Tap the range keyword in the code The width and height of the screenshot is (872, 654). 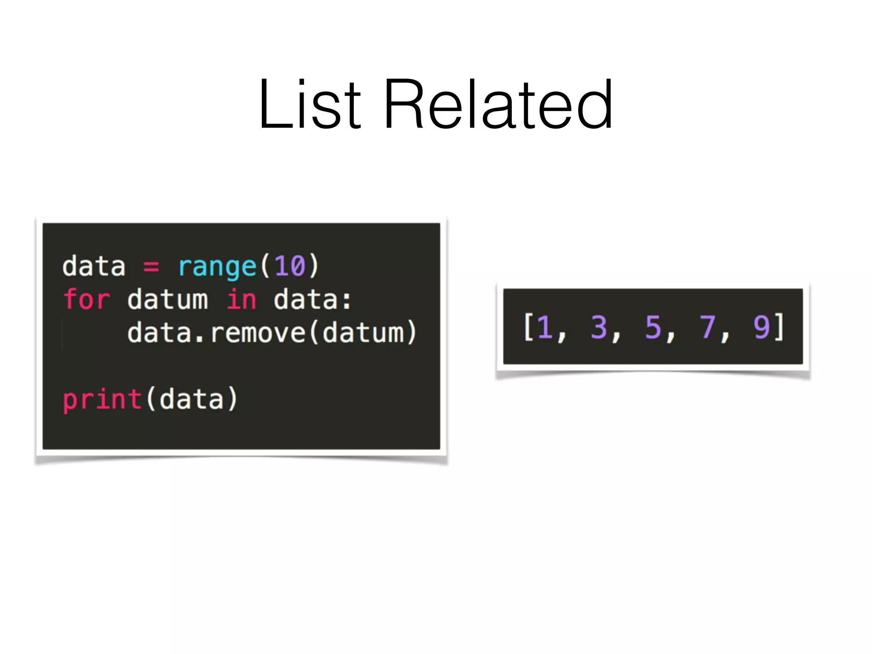point(217,267)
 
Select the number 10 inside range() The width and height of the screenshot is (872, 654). point(290,266)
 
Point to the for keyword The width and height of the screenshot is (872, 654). point(86,299)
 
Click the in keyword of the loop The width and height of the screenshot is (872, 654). point(241,299)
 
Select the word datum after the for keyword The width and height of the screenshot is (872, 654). point(168,299)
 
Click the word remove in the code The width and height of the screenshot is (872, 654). point(258,333)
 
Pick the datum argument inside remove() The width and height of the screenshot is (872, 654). point(363,333)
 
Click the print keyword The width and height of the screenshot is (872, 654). point(102,399)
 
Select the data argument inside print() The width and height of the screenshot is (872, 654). point(192,399)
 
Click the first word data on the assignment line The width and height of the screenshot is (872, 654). point(94,267)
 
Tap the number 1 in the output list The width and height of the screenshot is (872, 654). point(545,327)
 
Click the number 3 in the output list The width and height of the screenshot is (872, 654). point(599,327)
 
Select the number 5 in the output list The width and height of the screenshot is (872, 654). point(653,327)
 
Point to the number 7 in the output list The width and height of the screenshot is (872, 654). point(707,327)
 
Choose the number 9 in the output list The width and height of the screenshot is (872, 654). point(762,327)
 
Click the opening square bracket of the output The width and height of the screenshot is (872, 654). point(528,327)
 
